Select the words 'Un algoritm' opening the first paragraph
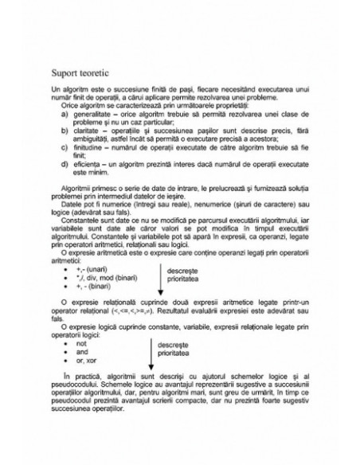pyautogui.click(x=66, y=92)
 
